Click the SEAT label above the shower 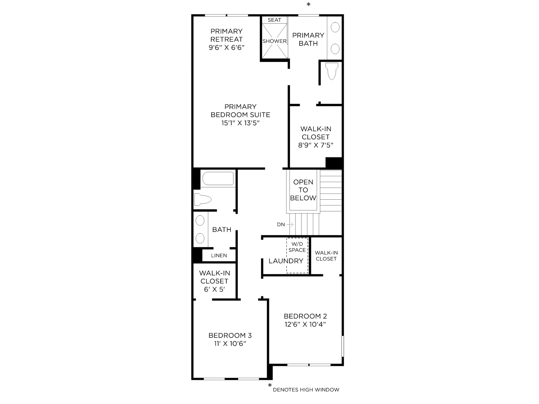(274, 20)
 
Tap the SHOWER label (274, 41)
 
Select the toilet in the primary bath (331, 71)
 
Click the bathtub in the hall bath (218, 178)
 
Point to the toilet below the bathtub (202, 199)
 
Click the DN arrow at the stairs (289, 224)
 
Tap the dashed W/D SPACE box (297, 255)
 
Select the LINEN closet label (219, 255)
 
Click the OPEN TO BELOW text (303, 190)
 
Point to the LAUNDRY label (286, 261)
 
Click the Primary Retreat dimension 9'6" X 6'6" (226, 47)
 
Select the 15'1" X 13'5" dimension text (241, 123)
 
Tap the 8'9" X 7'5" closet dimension (316, 145)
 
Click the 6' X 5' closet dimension (214, 289)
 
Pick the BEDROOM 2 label (305, 316)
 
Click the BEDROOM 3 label (230, 335)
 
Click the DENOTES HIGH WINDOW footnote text (306, 390)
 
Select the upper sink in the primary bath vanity (335, 27)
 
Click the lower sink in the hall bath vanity (200, 238)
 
